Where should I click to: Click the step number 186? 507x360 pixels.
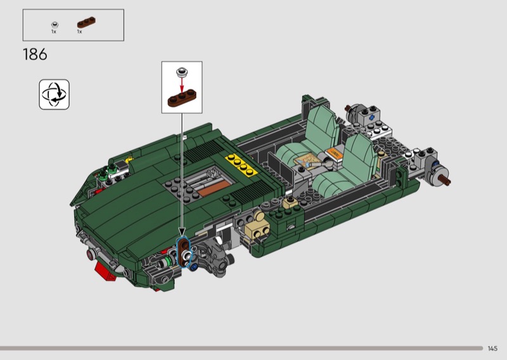click(x=35, y=55)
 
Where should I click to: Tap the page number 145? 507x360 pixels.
click(x=492, y=349)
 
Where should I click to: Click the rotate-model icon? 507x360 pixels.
click(x=55, y=94)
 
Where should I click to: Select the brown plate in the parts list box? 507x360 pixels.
click(x=86, y=22)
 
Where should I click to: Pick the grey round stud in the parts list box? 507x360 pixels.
click(x=55, y=25)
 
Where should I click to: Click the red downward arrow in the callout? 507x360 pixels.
click(x=182, y=85)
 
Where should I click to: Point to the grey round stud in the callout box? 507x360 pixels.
click(x=182, y=72)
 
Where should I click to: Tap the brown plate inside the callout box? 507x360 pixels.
click(x=182, y=98)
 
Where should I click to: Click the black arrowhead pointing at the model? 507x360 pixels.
click(x=182, y=232)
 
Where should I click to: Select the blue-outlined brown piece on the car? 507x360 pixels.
click(x=184, y=253)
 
